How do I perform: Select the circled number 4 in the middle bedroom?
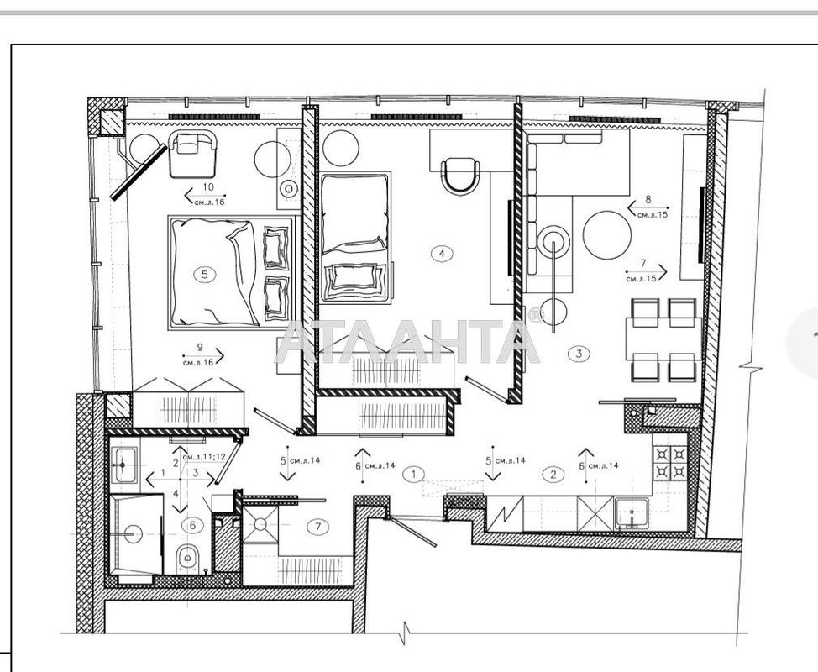[x=440, y=252]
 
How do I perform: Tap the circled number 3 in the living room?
[x=579, y=353]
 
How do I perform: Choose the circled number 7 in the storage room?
[x=316, y=528]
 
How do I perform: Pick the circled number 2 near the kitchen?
[x=553, y=474]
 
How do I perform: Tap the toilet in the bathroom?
[x=188, y=557]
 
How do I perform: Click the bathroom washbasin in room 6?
[x=127, y=463]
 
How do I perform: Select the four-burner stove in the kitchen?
[x=670, y=462]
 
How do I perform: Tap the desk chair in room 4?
[x=458, y=175]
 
